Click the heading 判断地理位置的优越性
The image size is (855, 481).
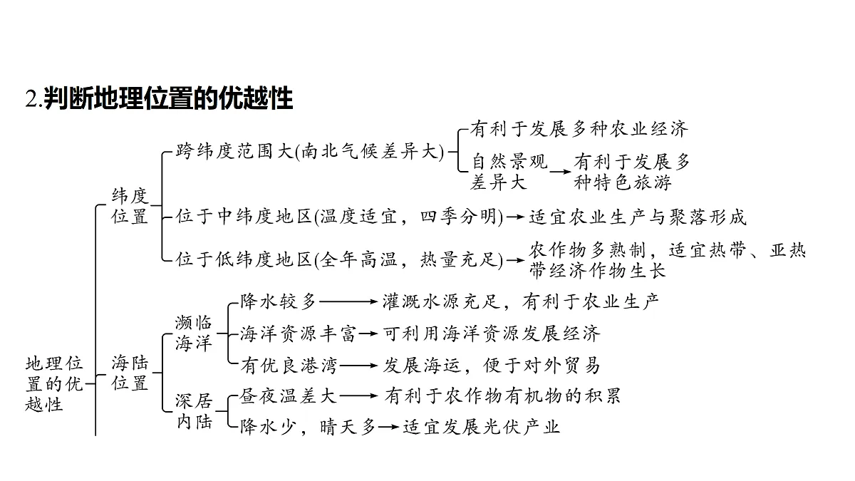(x=168, y=98)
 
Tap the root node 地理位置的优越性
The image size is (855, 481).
(x=54, y=383)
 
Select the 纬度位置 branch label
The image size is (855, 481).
(x=130, y=206)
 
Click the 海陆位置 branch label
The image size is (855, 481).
(x=130, y=373)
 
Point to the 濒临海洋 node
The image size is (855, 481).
(x=193, y=333)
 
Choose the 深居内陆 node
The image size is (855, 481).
(x=194, y=412)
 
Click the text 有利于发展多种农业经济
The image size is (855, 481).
(x=579, y=129)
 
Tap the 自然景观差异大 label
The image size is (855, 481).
(x=509, y=172)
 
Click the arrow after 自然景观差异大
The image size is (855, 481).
(x=560, y=172)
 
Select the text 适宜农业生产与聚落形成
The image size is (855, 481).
(x=638, y=217)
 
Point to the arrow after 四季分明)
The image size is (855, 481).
(x=514, y=217)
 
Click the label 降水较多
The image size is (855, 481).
(x=278, y=301)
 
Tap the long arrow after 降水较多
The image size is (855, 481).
(x=348, y=301)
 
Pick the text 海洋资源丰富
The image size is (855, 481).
(x=298, y=333)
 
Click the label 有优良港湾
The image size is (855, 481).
(x=289, y=366)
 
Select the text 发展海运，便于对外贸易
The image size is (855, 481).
(x=491, y=366)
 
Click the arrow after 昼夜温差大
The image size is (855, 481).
(x=358, y=396)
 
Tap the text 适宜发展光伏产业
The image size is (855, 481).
(x=482, y=427)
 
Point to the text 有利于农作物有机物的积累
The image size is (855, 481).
(x=502, y=396)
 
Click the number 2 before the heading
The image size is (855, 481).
(x=30, y=99)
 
